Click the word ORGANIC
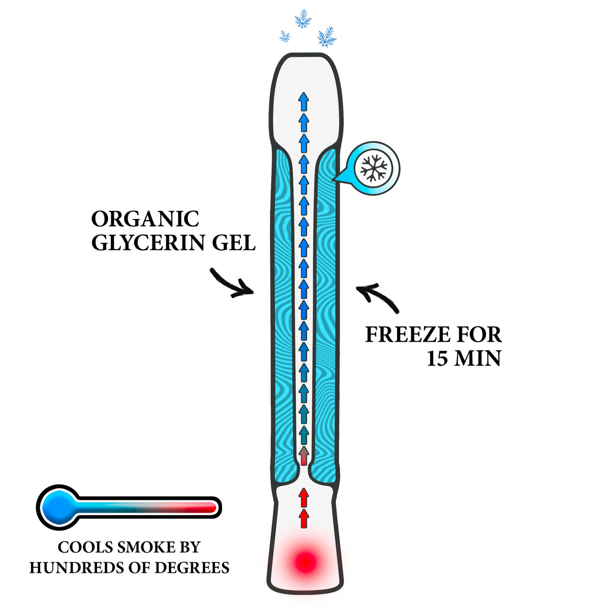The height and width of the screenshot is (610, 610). [145, 219]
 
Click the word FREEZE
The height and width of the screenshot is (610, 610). [408, 334]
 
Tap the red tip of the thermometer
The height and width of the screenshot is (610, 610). [209, 507]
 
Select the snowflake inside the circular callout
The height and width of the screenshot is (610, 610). [374, 168]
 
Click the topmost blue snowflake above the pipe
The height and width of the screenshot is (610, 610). [303, 19]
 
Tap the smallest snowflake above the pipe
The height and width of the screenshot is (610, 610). [285, 37]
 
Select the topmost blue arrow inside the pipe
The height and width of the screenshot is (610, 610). [303, 102]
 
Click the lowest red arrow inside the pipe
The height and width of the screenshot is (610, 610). [303, 518]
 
